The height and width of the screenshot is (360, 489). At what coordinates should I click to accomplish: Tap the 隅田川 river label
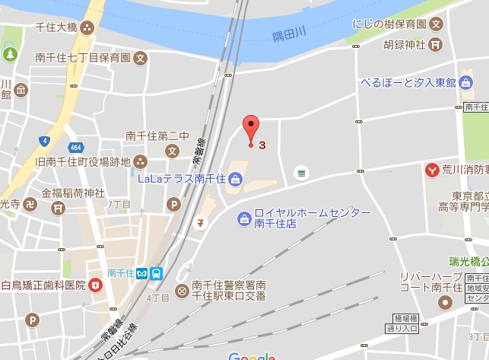point(289,35)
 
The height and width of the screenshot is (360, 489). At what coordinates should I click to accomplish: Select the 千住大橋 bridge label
point(56,27)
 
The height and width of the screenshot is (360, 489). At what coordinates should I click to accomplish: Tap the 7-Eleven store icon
point(200,222)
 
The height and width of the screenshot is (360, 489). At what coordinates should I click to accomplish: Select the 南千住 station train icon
point(156,272)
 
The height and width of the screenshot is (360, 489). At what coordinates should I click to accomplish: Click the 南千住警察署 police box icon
point(182,290)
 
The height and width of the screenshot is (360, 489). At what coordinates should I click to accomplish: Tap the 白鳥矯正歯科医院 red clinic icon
point(95,285)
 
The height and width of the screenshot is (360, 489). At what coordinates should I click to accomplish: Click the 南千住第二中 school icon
point(173,150)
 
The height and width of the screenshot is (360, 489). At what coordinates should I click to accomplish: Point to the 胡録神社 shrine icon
point(434,45)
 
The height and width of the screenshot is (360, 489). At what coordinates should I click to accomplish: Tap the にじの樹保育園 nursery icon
point(436,24)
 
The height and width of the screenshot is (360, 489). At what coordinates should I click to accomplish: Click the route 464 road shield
point(76,146)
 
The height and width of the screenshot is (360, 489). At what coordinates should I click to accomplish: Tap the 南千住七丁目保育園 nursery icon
point(141,58)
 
